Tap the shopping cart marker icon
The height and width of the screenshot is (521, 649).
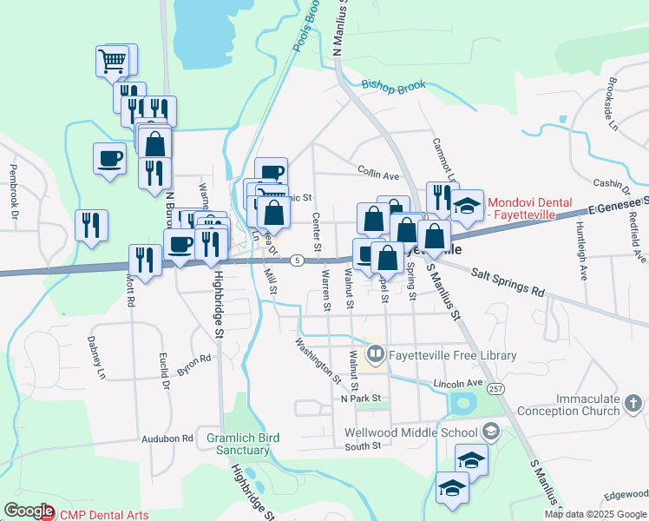113,61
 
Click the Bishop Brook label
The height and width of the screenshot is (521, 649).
394,86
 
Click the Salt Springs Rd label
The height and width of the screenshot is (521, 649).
508,283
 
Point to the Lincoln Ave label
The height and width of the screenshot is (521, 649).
456,383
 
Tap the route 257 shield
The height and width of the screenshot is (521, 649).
495,388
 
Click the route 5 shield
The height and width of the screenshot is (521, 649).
297,260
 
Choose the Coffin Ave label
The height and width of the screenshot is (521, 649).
377,175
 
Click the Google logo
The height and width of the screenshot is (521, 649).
29,511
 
